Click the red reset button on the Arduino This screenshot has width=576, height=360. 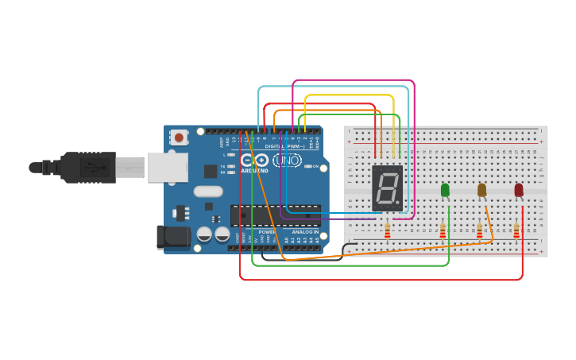(x=179, y=137)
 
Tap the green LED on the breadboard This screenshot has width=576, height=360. (x=445, y=190)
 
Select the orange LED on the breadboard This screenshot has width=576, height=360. (x=481, y=190)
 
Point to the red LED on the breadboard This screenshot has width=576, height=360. (x=519, y=190)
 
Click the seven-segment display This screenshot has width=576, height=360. (x=388, y=188)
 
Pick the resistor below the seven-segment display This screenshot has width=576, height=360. (x=387, y=230)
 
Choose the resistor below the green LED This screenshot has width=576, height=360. (x=443, y=230)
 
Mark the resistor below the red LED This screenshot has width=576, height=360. (x=516, y=230)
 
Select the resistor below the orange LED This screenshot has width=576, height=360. (x=479, y=230)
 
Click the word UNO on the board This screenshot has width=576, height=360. (x=287, y=161)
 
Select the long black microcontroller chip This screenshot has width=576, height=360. (x=276, y=215)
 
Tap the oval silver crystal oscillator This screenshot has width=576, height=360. (x=208, y=191)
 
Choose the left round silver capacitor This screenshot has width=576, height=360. (x=204, y=234)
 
